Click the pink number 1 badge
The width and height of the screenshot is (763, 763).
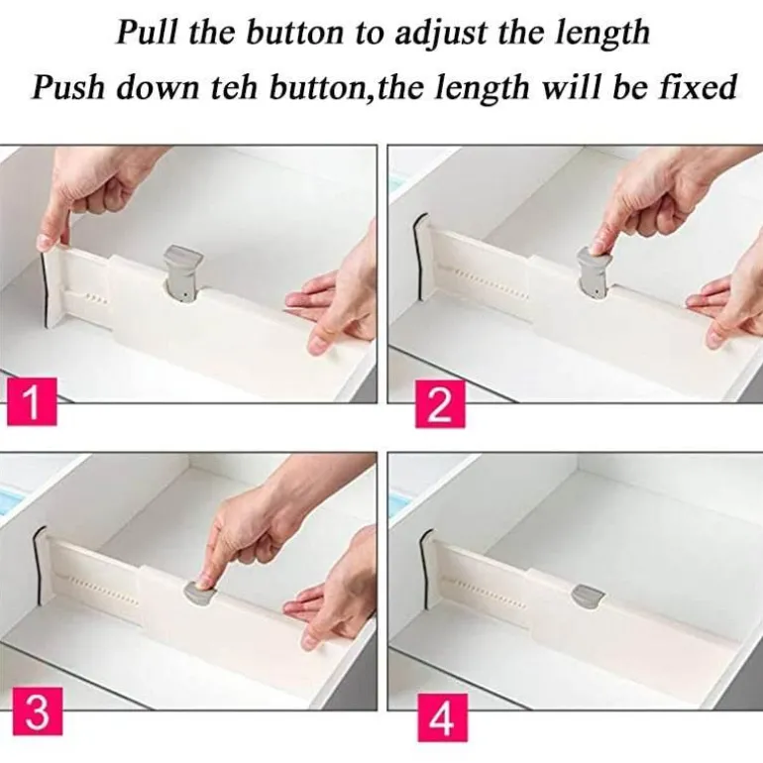click(32, 401)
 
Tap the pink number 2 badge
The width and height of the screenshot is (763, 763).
click(440, 404)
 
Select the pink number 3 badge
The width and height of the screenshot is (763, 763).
click(38, 710)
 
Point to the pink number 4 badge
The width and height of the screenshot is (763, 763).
click(442, 717)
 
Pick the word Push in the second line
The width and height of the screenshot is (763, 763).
click(67, 87)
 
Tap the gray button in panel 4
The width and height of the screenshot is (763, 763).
click(589, 597)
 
